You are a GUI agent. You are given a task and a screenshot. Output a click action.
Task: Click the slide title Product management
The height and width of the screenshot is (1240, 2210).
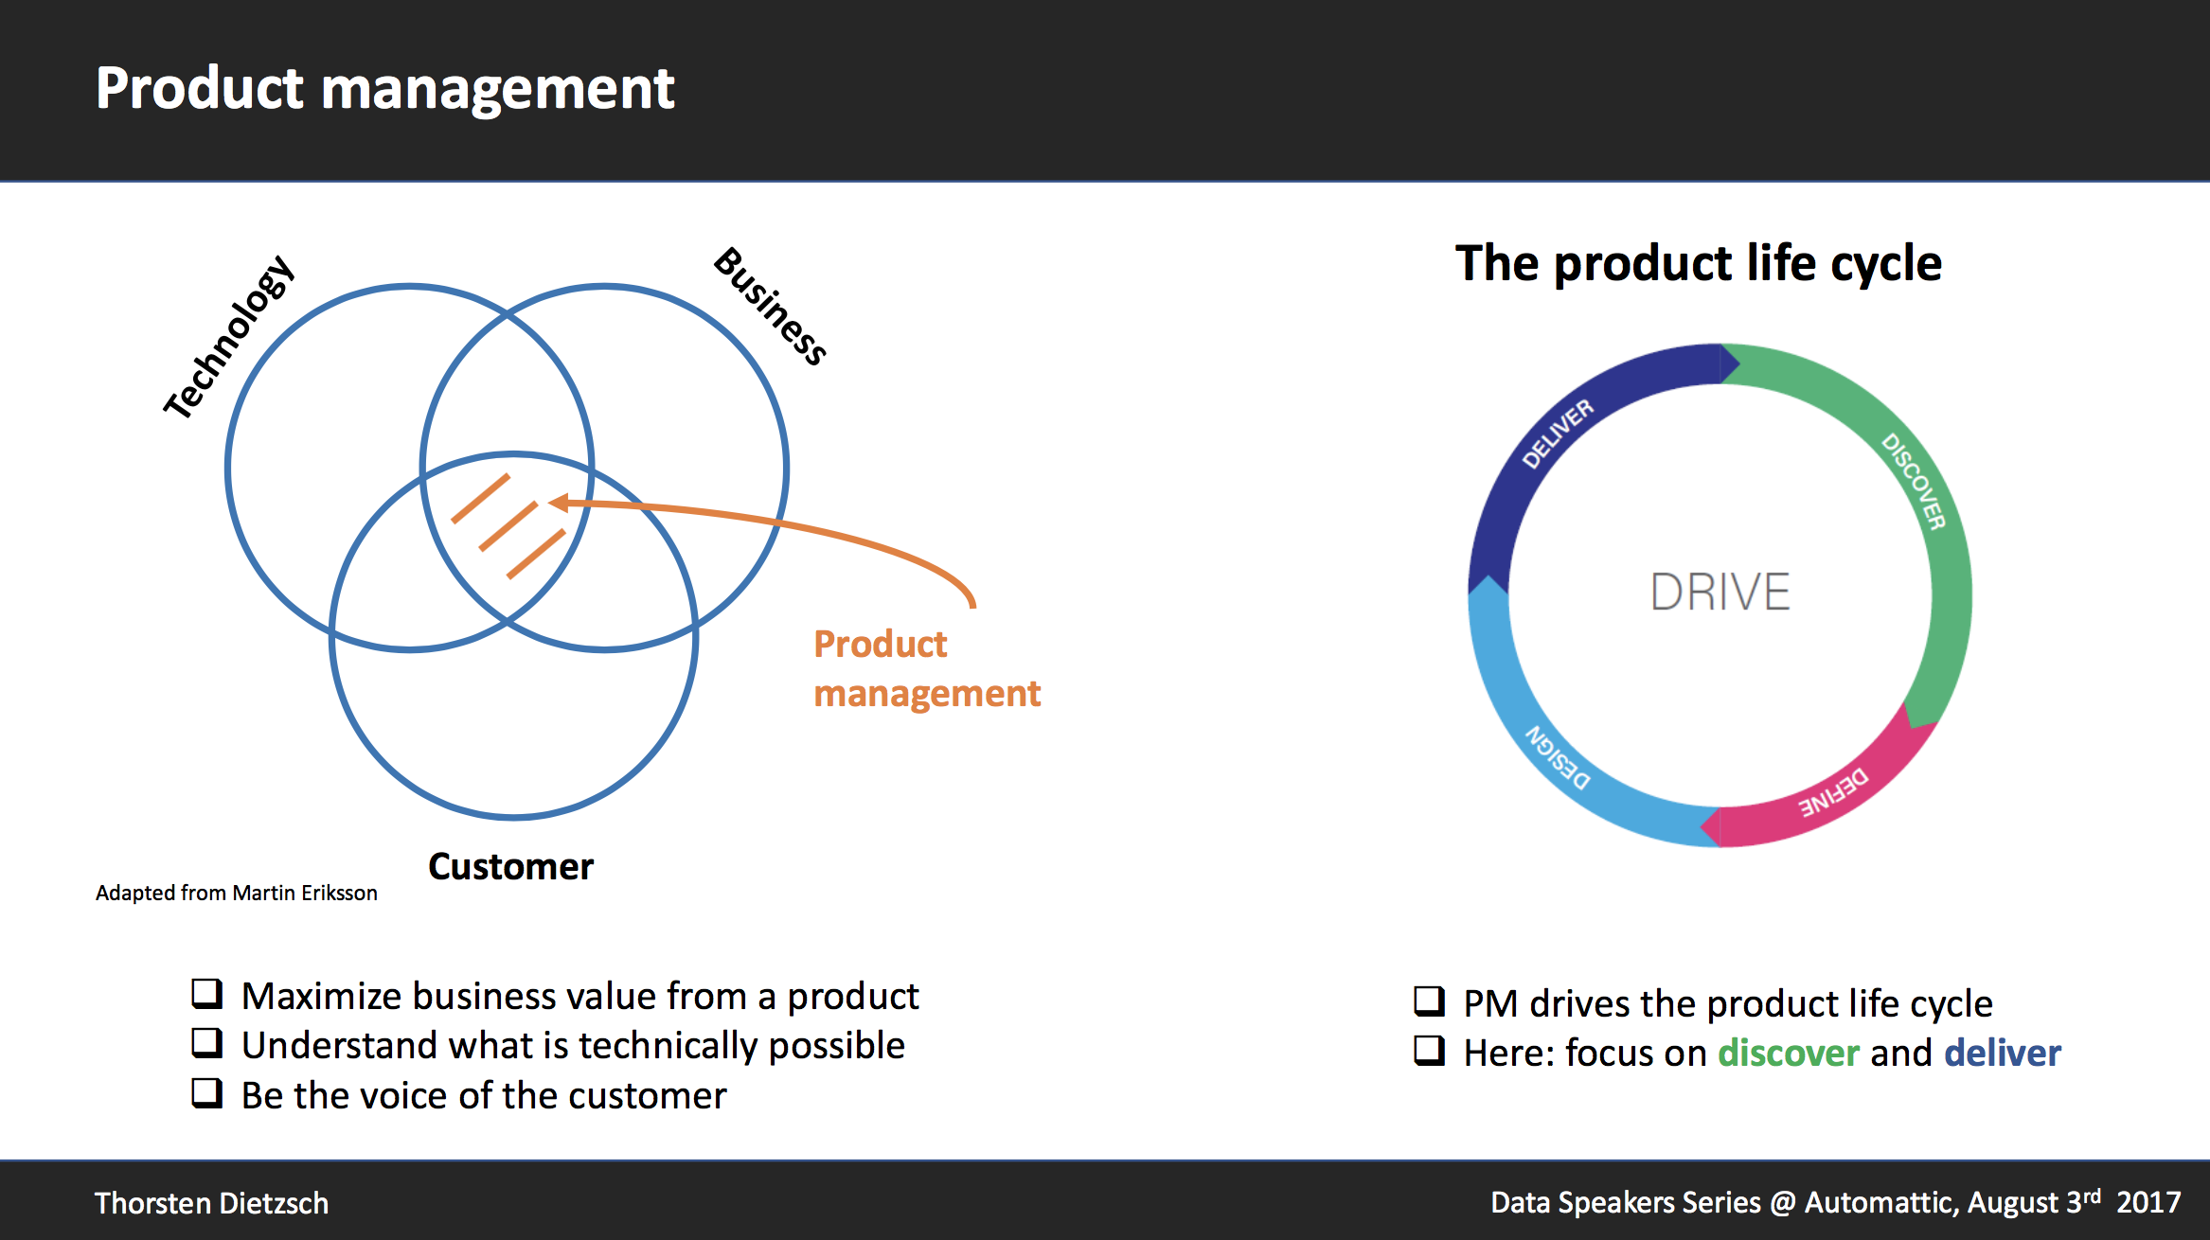[x=384, y=89]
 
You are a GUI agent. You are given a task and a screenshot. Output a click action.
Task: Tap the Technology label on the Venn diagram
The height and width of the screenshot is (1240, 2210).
[x=230, y=338]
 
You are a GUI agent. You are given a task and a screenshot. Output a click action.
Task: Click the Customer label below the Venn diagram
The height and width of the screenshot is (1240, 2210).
[x=510, y=867]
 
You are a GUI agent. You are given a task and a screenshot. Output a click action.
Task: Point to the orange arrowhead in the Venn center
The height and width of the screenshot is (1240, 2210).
[x=559, y=503]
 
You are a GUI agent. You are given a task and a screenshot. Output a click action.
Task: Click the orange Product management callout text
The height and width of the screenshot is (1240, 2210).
[x=926, y=668]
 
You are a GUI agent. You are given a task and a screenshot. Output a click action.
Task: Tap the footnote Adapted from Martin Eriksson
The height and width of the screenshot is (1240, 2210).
[x=236, y=893]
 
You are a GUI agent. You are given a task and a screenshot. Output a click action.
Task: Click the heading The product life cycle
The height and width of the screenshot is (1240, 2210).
[x=1698, y=263]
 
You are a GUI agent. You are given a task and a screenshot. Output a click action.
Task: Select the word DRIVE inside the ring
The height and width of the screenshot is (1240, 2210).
[x=1720, y=593]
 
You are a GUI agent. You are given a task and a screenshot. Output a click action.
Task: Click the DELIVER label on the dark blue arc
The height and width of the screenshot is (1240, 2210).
[x=1558, y=434]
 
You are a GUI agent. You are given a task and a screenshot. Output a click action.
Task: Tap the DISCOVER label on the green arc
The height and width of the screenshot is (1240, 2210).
[x=1914, y=481]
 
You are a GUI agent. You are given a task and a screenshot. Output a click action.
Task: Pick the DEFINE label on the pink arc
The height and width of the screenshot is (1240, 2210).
[x=1834, y=792]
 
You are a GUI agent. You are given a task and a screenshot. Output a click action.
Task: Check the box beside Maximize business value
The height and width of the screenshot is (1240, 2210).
[x=206, y=993]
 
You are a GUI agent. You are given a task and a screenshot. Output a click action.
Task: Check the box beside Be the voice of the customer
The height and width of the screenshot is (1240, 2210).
[x=206, y=1092]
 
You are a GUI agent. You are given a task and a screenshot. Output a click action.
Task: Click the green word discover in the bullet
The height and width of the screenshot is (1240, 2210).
[x=1788, y=1054]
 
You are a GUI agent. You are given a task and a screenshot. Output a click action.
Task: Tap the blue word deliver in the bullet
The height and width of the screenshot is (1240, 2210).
[x=2002, y=1054]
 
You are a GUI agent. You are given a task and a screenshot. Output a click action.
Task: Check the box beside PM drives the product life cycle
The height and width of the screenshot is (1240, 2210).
[x=1429, y=1001]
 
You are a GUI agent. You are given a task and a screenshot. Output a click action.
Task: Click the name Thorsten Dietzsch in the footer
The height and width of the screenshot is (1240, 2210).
[x=211, y=1203]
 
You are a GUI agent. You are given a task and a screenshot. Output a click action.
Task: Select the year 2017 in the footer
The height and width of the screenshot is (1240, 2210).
[x=2148, y=1203]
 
